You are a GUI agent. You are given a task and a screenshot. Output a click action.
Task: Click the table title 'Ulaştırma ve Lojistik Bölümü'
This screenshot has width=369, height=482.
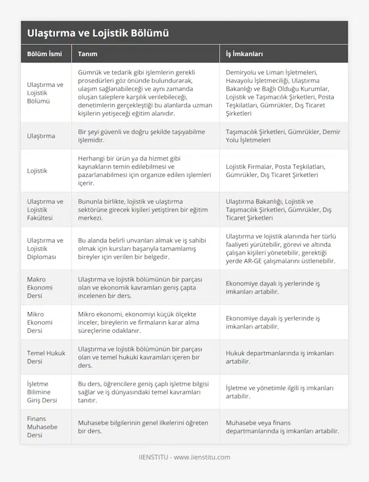(97, 33)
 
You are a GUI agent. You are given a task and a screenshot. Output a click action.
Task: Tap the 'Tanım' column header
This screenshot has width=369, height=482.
(87, 54)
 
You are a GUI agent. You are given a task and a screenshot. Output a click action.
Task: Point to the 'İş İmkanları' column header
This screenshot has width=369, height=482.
(244, 54)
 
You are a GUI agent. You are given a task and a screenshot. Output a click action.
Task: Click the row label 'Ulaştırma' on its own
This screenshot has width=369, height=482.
(41, 136)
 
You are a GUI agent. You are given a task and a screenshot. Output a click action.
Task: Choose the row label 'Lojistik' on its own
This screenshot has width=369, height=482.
(37, 171)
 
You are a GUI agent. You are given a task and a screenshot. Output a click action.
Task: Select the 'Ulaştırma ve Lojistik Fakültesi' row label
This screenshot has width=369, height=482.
(45, 209)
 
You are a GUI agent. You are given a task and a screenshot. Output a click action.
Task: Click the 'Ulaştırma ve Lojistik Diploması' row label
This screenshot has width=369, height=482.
(45, 248)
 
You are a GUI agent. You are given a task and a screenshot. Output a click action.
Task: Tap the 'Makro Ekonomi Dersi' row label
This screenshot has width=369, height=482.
(40, 287)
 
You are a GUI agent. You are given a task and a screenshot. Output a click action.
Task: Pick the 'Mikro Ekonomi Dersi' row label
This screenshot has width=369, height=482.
(40, 322)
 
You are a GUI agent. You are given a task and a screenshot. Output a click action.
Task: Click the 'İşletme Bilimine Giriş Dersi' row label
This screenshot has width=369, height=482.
(42, 392)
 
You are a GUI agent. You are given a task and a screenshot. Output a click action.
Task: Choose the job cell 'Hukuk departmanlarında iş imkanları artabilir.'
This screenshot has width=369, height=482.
(279, 357)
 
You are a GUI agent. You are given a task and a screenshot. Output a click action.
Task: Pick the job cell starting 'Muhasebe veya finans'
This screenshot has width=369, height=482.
(282, 426)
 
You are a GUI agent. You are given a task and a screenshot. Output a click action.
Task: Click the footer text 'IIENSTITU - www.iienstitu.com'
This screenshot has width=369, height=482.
(184, 457)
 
